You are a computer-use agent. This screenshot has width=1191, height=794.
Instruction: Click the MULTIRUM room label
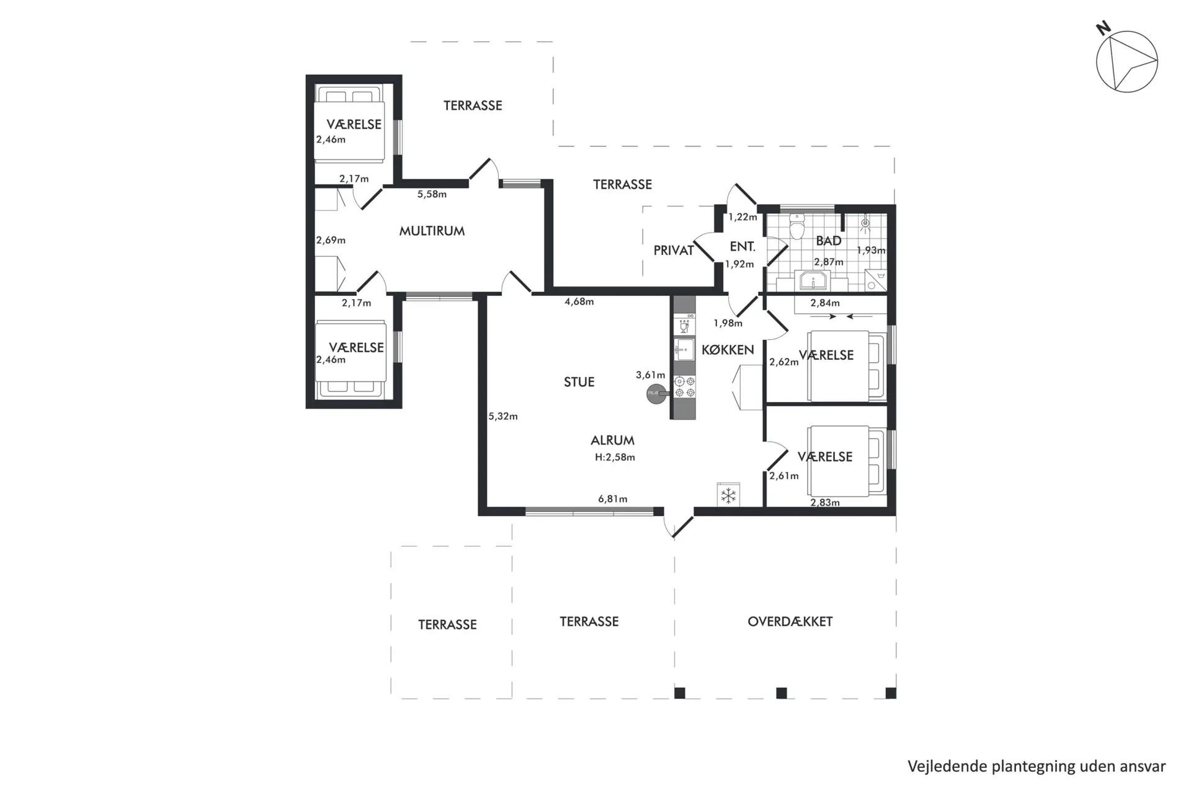point(432,231)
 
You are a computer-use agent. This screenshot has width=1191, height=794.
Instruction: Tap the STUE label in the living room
point(579,382)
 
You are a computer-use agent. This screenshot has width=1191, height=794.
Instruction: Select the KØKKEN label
point(728,350)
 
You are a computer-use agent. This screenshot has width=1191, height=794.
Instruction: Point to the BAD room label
point(829,241)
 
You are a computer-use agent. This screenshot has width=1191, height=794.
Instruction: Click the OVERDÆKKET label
point(790,621)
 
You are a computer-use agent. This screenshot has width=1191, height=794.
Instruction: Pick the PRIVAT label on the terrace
point(674,251)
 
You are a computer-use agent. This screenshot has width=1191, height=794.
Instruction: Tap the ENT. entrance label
point(743,247)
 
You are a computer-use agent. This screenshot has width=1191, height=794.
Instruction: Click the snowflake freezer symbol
point(728,496)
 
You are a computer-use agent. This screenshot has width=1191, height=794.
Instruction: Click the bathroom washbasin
point(813,280)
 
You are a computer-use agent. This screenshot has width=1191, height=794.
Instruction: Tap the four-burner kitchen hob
point(685,386)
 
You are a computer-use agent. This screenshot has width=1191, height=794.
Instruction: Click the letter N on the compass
point(1103,28)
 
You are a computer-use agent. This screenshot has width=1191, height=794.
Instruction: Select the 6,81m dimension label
point(612,499)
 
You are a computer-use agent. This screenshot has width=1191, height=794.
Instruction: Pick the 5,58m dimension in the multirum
point(432,194)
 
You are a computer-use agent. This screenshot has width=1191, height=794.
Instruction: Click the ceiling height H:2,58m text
point(615,457)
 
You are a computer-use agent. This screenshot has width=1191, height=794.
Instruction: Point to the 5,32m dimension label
point(502,416)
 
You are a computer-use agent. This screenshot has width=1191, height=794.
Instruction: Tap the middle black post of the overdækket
point(782,693)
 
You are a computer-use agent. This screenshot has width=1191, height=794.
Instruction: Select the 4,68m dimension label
point(579,302)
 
